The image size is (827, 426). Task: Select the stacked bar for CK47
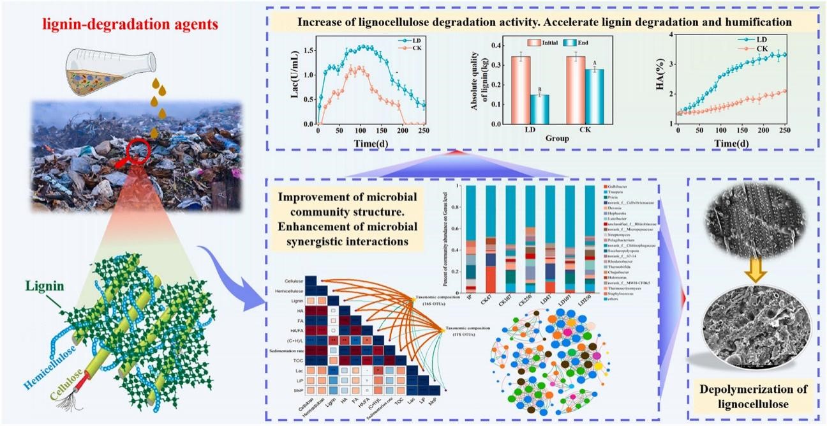coord(490,242)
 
